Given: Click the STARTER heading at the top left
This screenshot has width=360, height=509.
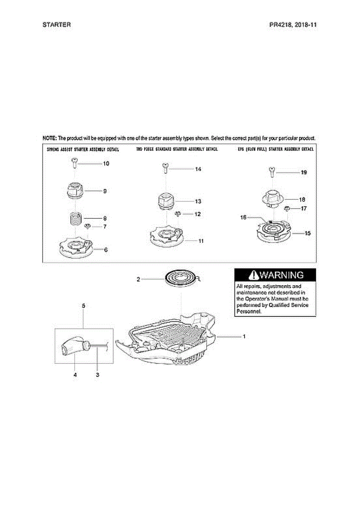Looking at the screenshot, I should (x=56, y=25).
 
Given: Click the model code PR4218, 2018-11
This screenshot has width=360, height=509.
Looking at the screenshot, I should (x=293, y=25).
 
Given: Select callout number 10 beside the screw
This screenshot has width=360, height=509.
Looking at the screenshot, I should (x=106, y=163).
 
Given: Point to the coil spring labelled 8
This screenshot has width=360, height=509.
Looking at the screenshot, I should (x=75, y=220).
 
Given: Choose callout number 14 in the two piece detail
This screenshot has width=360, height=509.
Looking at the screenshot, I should (x=198, y=169).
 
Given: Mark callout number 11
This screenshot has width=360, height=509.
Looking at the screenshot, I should (x=201, y=241).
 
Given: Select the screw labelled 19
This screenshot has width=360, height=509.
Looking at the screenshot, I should (x=271, y=172).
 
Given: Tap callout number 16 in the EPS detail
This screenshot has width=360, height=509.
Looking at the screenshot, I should (x=243, y=217).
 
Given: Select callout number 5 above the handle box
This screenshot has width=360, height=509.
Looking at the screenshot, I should (x=84, y=305).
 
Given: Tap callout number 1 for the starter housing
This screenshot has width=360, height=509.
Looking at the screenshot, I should (x=244, y=336).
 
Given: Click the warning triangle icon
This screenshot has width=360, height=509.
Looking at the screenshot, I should (x=254, y=275).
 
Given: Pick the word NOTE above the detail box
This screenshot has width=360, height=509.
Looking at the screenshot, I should (x=49, y=138).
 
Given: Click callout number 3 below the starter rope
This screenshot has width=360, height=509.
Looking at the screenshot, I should (x=98, y=375).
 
